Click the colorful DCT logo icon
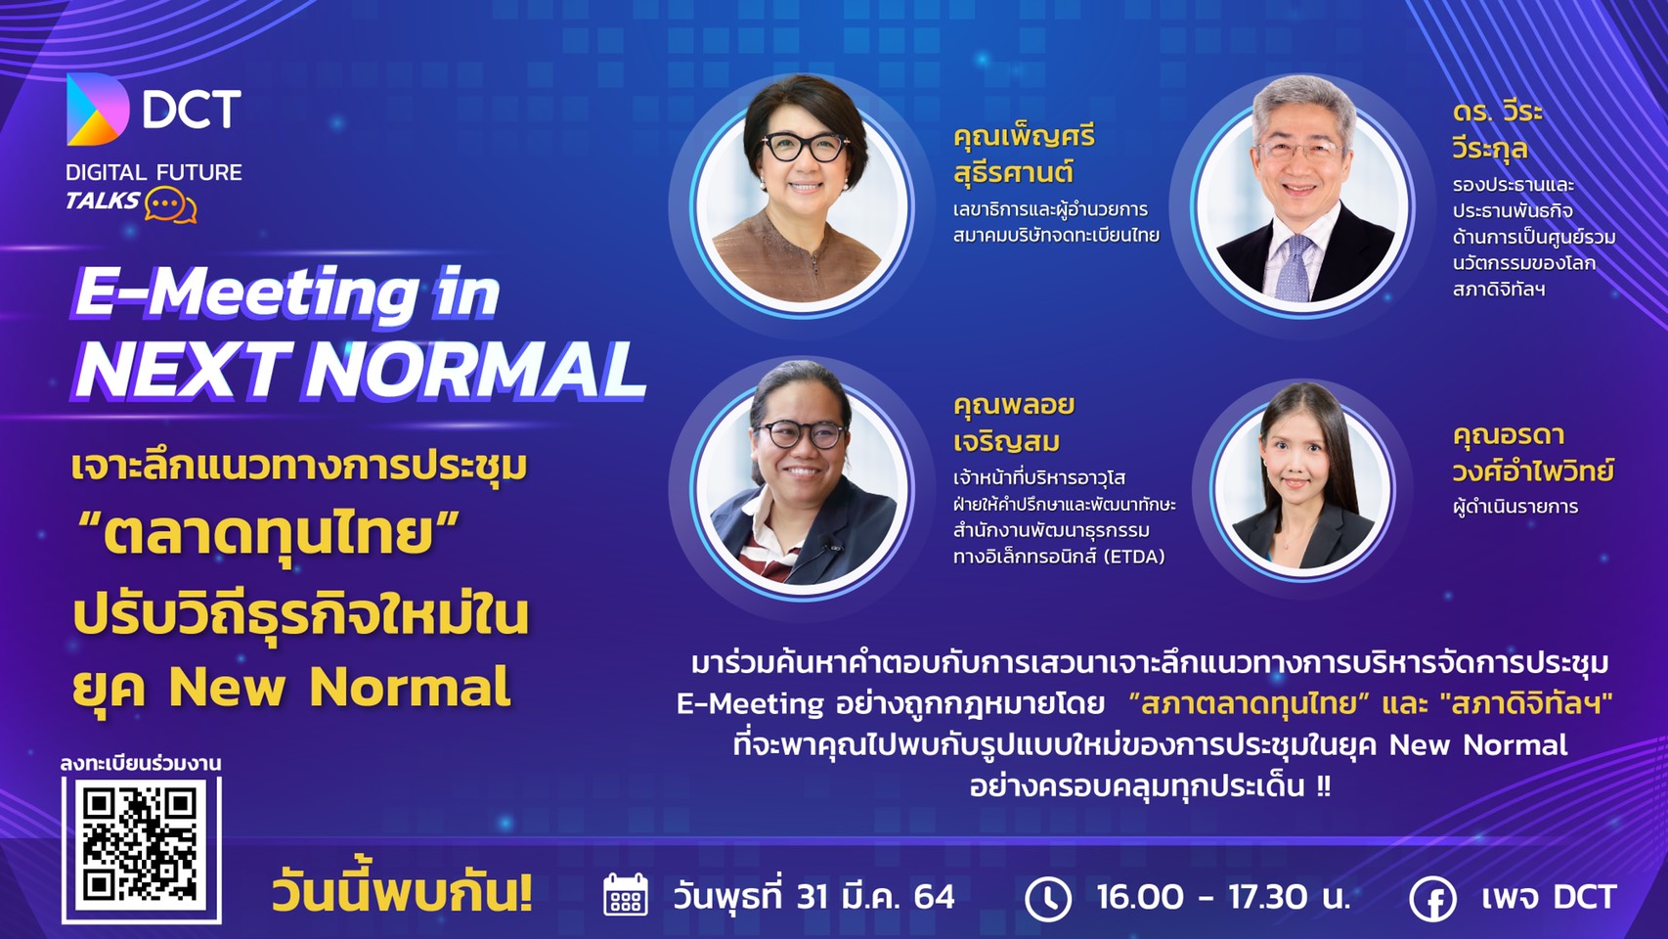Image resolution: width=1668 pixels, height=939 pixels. [x=97, y=110]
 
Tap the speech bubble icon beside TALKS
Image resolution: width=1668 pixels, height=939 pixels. [x=170, y=205]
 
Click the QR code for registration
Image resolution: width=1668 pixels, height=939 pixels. [x=141, y=850]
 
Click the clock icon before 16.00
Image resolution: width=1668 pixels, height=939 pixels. [x=1048, y=900]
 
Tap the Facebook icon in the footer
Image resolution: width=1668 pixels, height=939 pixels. [x=1432, y=900]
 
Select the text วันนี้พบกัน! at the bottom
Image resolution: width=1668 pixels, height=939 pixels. [x=402, y=894]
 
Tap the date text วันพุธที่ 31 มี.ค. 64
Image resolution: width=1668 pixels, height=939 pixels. [x=813, y=897]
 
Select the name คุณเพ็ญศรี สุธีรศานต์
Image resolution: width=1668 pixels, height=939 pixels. [x=1024, y=155]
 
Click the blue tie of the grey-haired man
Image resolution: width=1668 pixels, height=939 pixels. [x=1295, y=269]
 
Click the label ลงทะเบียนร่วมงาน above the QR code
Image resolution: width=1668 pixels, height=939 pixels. [x=141, y=763]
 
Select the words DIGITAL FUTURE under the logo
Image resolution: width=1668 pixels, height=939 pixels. [x=154, y=173]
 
